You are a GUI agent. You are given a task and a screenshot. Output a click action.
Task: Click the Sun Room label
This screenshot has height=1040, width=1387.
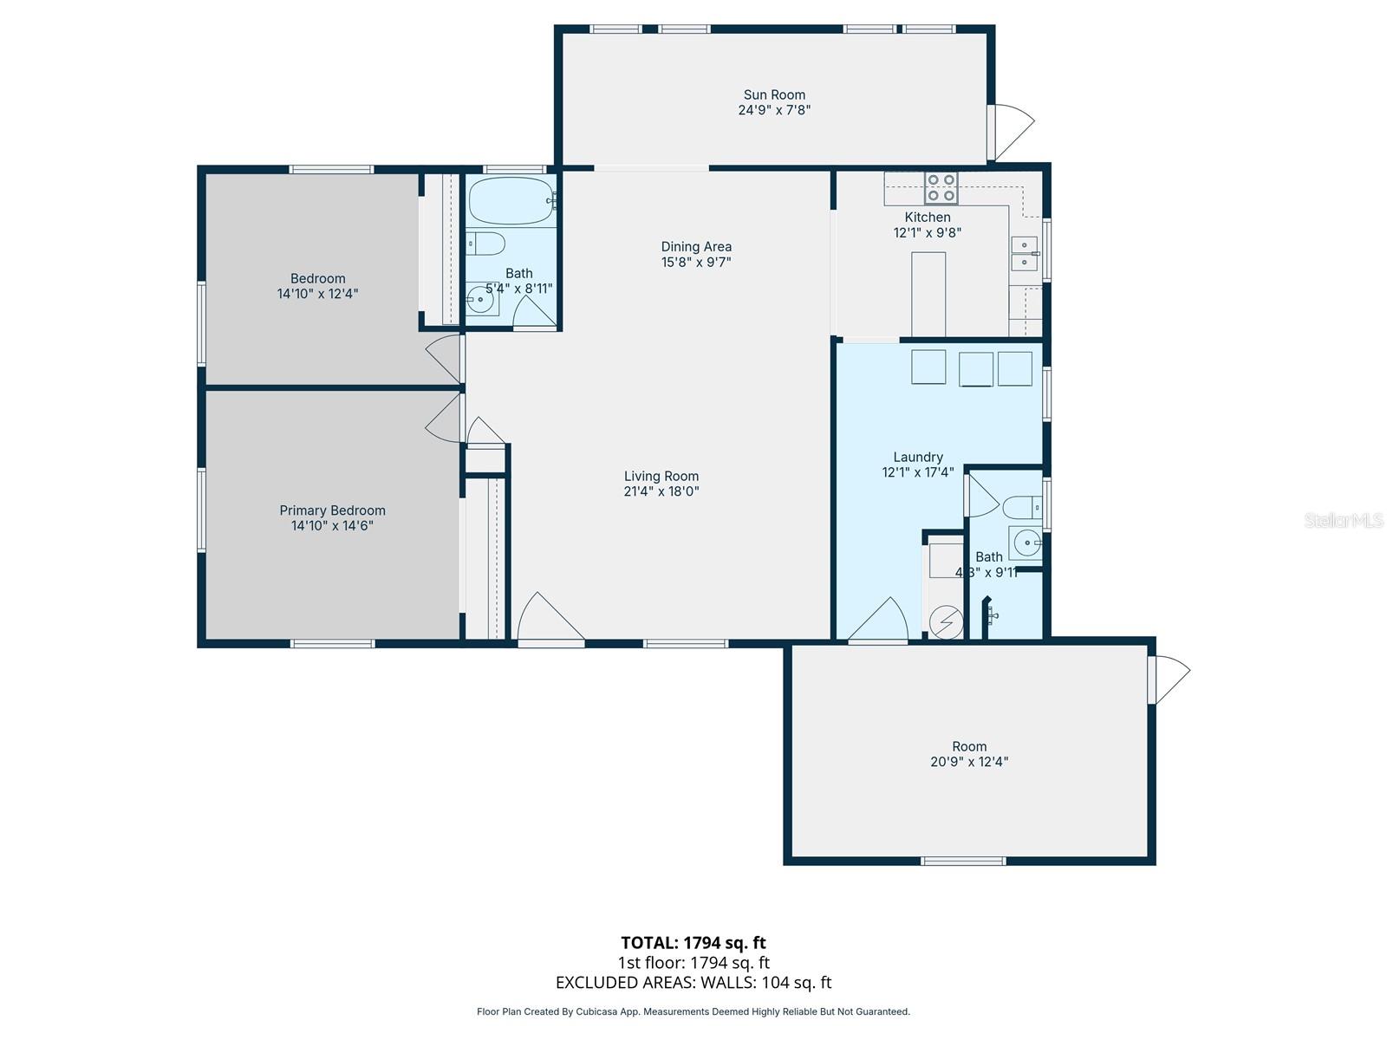coord(774,95)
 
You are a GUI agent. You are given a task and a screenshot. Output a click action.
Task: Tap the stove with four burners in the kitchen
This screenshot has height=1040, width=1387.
coord(941,188)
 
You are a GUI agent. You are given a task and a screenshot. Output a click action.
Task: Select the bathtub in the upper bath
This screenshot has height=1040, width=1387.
coord(511,201)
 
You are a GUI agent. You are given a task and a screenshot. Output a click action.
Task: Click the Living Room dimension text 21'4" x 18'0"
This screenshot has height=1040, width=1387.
coord(661,491)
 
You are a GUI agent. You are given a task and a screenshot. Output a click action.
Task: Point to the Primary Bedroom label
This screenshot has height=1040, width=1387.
coord(332,510)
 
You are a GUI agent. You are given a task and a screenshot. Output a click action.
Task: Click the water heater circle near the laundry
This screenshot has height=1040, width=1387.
coord(946,621)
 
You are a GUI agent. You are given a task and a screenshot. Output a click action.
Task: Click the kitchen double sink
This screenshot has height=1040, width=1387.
coord(1024,253)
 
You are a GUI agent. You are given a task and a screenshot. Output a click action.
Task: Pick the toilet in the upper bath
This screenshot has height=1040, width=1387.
coord(486,244)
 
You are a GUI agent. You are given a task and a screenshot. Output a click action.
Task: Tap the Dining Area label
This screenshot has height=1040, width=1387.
coord(696,246)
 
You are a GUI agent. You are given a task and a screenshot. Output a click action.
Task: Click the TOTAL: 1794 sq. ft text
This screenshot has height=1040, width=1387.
coord(693,943)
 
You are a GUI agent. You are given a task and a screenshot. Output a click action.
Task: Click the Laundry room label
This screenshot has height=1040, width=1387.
coord(918,457)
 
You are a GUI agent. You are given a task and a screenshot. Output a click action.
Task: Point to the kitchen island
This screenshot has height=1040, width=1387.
coord(928,294)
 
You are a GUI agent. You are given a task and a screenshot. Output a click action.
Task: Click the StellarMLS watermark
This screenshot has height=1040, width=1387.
coord(1344,521)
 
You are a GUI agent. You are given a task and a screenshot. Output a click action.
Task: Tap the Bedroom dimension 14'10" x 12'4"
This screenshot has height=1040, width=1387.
coord(317,294)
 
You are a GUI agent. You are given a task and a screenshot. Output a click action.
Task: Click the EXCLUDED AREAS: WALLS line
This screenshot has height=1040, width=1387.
coord(693,983)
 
